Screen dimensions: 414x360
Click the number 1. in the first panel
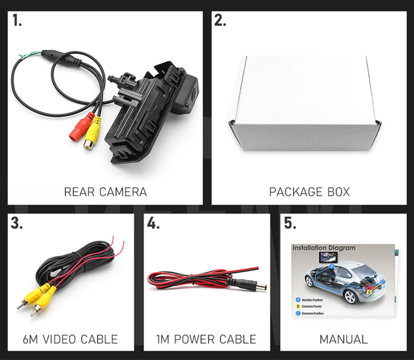(x=17, y=21)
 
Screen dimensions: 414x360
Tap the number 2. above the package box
(x=220, y=21)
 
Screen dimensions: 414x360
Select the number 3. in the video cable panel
(x=17, y=223)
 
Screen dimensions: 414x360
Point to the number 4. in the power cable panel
(x=153, y=223)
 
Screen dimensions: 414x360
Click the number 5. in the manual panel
(x=290, y=223)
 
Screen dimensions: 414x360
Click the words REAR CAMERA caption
(x=105, y=192)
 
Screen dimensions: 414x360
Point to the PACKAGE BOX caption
(x=309, y=192)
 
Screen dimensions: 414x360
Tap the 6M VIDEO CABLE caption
(x=70, y=339)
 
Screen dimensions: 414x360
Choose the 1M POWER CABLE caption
(x=207, y=339)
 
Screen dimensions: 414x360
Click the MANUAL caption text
(x=343, y=339)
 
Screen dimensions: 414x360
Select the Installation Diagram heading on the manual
(x=324, y=248)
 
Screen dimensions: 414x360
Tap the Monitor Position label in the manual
(x=312, y=300)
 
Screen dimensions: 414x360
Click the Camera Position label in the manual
(x=312, y=313)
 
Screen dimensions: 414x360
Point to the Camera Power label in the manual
(x=312, y=306)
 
